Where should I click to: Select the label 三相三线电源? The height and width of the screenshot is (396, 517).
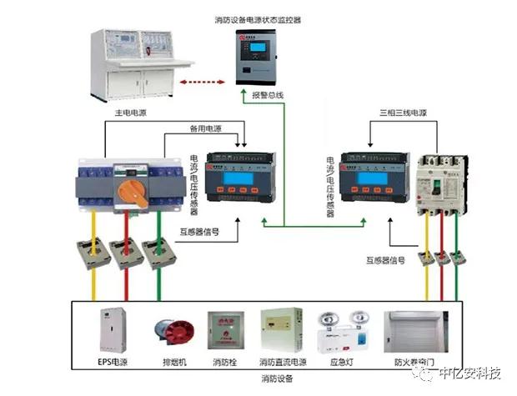tap(402, 112)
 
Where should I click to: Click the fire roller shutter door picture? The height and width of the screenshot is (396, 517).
tap(410, 333)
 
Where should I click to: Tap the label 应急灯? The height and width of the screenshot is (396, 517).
tap(342, 363)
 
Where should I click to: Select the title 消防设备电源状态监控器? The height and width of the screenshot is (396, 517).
tap(258, 18)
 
